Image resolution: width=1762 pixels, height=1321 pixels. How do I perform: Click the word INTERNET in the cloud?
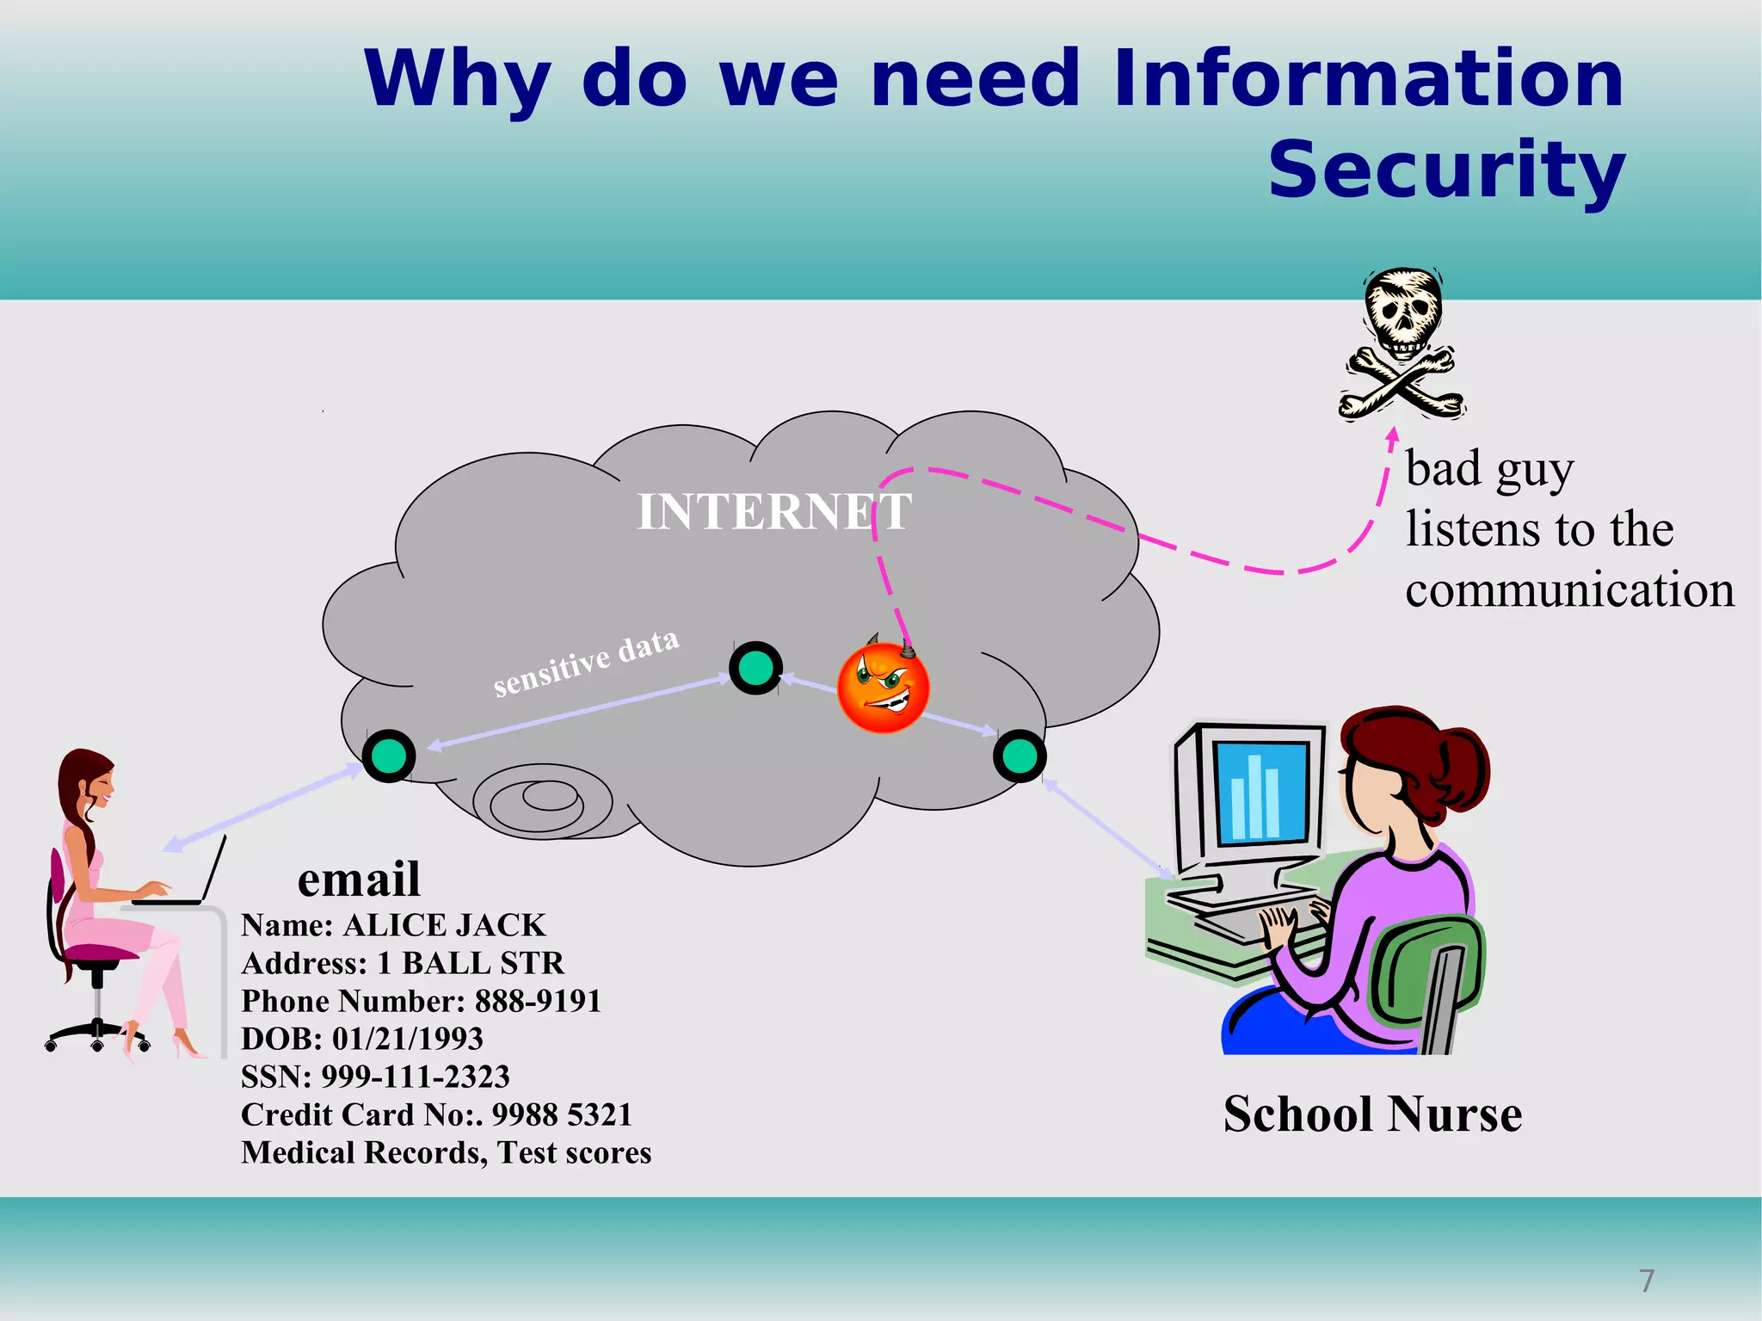773,511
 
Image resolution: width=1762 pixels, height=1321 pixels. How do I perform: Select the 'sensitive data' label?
586,663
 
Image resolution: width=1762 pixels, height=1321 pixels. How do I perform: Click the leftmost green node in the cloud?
389,756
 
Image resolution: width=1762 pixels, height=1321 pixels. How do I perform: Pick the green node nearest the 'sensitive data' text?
755,667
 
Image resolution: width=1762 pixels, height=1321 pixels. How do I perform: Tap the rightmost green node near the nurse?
1020,756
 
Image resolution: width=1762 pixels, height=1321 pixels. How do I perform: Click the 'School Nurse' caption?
1372,1114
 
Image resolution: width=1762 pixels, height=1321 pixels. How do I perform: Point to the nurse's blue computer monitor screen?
1261,792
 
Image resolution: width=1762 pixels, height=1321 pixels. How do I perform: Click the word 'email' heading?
359,880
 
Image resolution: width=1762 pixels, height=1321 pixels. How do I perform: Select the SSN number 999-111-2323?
416,1077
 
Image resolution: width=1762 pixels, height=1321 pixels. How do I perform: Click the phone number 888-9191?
538,1001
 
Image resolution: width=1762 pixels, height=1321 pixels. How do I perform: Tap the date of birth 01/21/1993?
407,1039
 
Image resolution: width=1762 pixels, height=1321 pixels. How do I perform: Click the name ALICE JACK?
444,925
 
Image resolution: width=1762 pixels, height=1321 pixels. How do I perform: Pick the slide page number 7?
1647,1281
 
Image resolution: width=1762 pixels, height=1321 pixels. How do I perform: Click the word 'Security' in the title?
1445,170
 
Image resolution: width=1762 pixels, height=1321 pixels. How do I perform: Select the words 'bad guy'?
1489,470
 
